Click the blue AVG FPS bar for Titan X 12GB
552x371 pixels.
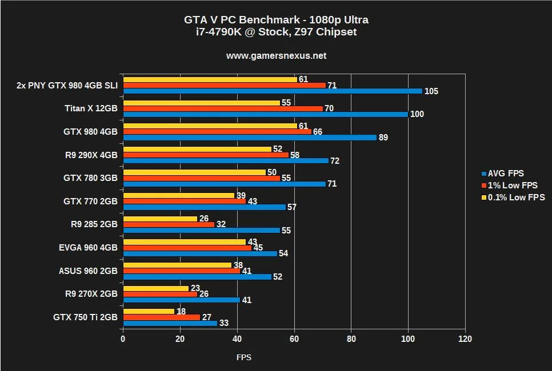tap(266, 114)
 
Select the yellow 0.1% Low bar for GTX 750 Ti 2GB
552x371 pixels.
tap(149, 311)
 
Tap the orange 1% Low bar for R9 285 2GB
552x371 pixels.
tap(169, 224)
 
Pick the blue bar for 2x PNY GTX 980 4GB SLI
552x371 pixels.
tap(273, 91)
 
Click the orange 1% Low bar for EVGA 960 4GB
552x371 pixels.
tap(187, 248)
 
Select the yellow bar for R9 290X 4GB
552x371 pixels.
tap(198, 149)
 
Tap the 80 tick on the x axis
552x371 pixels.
tap(351, 339)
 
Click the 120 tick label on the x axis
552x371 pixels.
tap(465, 339)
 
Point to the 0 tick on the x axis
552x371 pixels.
tap(123, 339)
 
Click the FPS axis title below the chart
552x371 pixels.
tap(244, 358)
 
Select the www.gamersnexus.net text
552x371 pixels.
tap(276, 56)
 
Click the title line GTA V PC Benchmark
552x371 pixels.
tap(276, 20)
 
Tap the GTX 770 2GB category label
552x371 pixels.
tap(90, 201)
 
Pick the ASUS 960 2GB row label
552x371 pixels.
tap(88, 271)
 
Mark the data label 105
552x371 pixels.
tap(431, 91)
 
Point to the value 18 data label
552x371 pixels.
tap(181, 311)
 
